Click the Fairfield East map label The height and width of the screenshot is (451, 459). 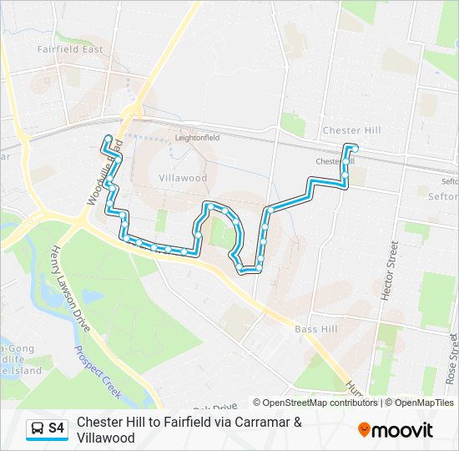click(70, 49)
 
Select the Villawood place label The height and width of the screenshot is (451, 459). click(182, 178)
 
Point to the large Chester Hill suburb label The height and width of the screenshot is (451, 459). click(351, 131)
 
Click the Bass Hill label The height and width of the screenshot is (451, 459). click(315, 329)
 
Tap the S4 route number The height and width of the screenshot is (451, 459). click(57, 428)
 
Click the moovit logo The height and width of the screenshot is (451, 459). click(396, 429)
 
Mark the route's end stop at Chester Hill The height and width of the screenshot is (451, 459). click(351, 148)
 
